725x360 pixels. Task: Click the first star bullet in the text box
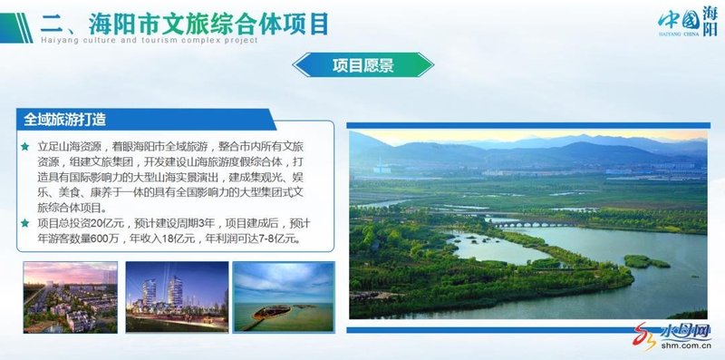tap(25, 147)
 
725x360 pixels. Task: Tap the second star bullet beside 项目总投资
tap(25, 224)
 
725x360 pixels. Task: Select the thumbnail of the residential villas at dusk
tap(71, 297)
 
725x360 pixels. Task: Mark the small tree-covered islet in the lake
tap(645, 261)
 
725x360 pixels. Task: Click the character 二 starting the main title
tap(53, 22)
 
